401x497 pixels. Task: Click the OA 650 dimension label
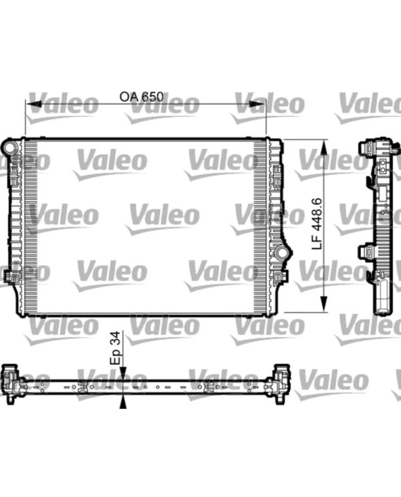click(142, 97)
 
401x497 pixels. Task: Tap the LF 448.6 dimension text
click(317, 224)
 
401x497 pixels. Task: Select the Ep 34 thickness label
click(115, 348)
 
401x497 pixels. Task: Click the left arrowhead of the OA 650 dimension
click(33, 104)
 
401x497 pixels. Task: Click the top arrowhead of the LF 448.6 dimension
click(324, 148)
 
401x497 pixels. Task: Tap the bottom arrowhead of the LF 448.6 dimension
click(324, 304)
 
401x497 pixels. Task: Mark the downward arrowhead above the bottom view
click(123, 373)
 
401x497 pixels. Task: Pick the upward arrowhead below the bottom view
click(123, 402)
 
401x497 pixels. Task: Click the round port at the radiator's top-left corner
click(9, 147)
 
